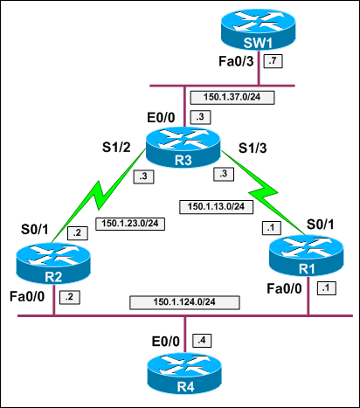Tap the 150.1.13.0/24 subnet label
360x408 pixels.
[x=216, y=207]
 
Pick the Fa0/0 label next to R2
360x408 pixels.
[x=29, y=295]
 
